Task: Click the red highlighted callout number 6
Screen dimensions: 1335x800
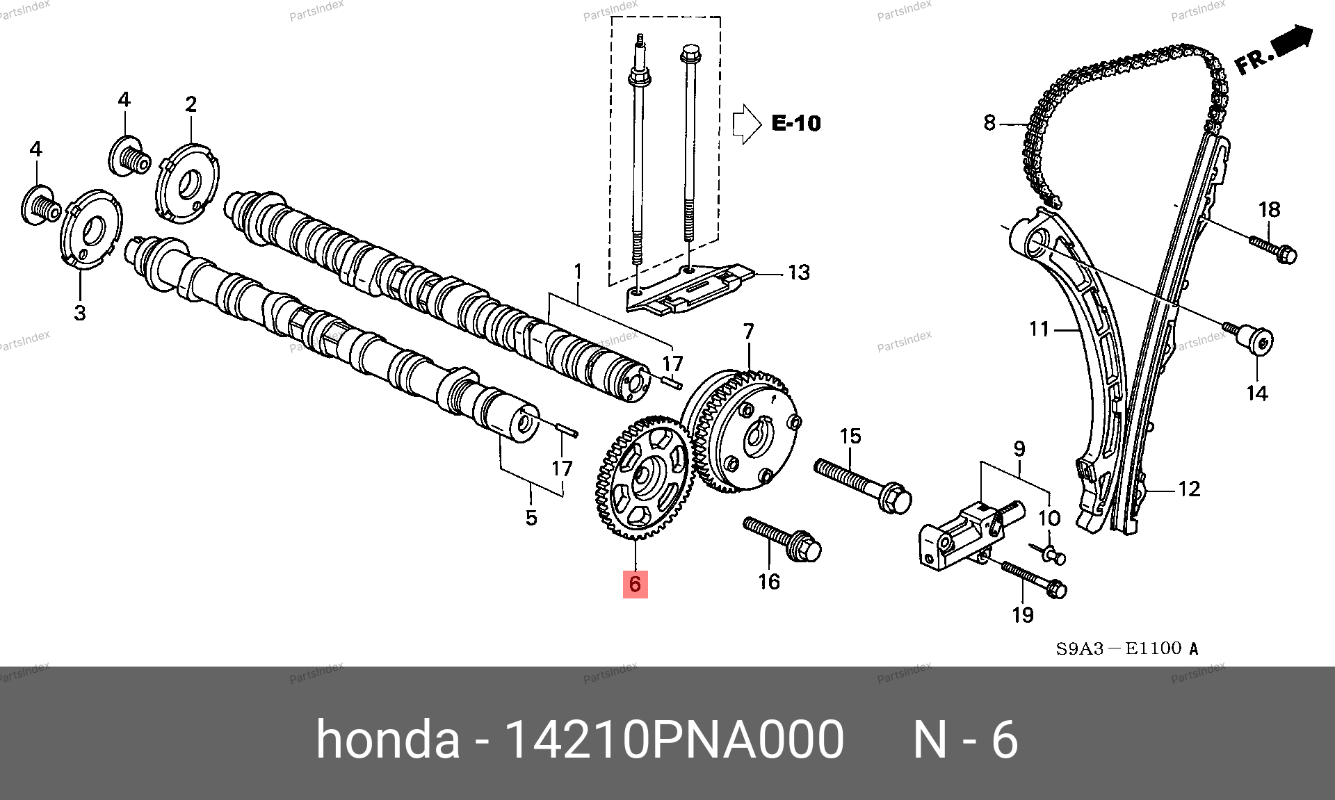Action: point(635,584)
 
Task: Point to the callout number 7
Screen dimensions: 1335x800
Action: point(748,332)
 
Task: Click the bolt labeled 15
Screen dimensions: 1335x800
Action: point(862,486)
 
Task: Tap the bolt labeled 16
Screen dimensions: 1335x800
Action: point(782,539)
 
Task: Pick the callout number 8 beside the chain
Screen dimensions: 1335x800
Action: point(989,123)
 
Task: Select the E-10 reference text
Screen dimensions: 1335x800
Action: point(796,124)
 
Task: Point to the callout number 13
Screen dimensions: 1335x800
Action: point(799,272)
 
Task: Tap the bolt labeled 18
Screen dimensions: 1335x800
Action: point(1273,251)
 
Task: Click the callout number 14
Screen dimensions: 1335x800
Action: point(1257,393)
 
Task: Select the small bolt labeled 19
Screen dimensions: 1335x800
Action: point(1034,580)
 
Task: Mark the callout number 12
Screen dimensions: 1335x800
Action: point(1189,489)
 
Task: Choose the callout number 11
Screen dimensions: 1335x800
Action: point(1039,329)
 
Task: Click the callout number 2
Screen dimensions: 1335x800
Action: point(191,104)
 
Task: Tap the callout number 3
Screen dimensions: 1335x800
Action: point(80,313)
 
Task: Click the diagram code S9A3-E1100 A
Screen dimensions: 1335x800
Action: point(1127,648)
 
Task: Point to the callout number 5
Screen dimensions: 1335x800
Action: point(531,518)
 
